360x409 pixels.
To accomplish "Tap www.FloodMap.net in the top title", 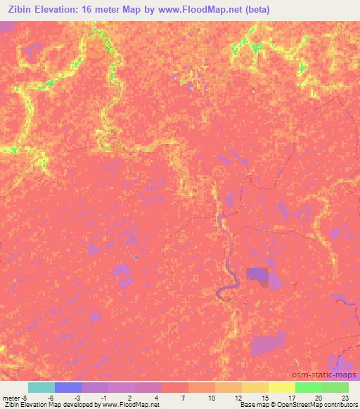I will tap(186, 8).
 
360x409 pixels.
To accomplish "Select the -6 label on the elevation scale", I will tap(50, 398).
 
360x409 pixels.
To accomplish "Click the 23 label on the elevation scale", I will tap(345, 398).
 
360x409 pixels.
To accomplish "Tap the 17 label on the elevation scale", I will tap(292, 398).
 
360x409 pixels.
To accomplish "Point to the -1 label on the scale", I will tap(103, 398).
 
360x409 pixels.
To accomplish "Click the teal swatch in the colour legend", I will tap(41, 387).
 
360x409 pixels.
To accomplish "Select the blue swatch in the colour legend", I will tap(68, 387).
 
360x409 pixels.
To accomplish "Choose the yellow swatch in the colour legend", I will tap(282, 387).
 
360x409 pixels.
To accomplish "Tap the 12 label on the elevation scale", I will tap(238, 398).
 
